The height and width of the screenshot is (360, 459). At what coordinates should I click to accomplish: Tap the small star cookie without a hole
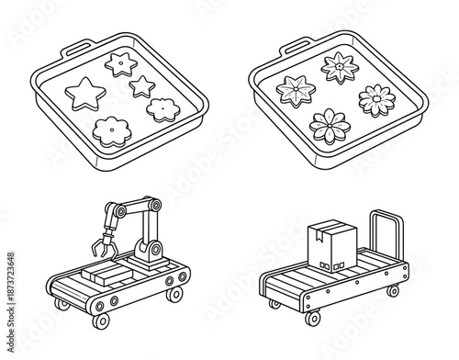coord(142,86)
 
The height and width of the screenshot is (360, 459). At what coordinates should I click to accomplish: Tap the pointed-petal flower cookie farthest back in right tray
coord(338,67)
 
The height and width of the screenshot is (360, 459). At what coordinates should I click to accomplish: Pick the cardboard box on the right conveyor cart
coord(329,245)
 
